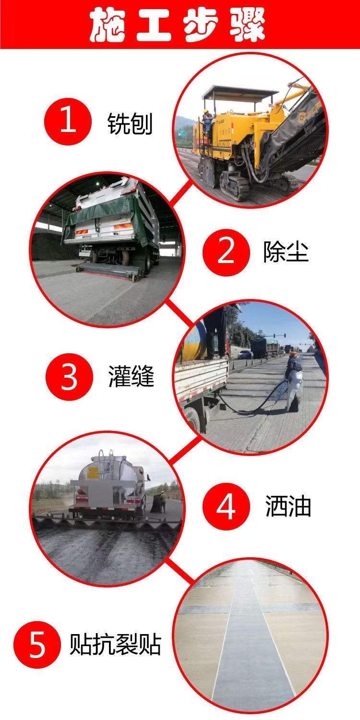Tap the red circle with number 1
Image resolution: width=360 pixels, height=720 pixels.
68,121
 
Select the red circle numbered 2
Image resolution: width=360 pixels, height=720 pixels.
226,252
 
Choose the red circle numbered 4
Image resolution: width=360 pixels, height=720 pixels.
226,506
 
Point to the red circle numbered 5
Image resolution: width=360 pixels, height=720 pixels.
37,645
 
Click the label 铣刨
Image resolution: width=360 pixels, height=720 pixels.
130,124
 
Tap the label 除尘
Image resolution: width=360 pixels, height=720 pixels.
286,251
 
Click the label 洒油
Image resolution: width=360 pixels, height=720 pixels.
288,506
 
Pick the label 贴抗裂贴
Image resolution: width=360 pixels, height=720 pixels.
115,644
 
